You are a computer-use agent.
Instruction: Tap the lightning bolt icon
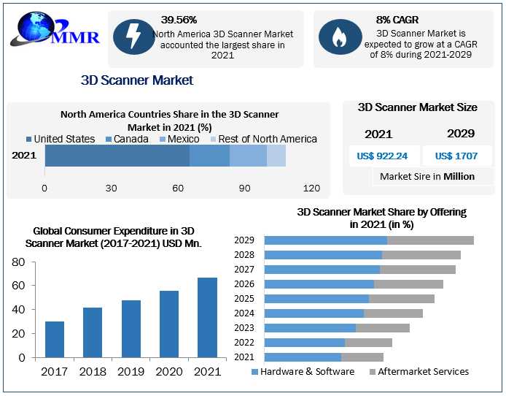point(134,37)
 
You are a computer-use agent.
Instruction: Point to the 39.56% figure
point(179,20)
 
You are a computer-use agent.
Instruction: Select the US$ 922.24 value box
point(382,156)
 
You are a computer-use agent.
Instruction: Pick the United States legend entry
point(61,139)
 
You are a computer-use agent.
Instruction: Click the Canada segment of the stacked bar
point(209,156)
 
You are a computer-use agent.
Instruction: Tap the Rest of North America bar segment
point(276,156)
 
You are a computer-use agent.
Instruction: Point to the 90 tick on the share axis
point(244,189)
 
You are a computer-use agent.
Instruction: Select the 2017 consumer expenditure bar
point(55,340)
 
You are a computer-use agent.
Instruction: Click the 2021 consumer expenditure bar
point(207,318)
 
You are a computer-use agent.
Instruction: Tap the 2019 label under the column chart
point(131,371)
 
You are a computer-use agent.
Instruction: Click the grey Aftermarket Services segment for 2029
point(430,240)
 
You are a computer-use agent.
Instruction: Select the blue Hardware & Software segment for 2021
point(303,357)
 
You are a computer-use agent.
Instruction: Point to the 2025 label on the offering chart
point(244,299)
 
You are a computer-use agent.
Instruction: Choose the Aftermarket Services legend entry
point(419,371)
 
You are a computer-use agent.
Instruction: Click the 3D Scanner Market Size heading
point(418,107)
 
